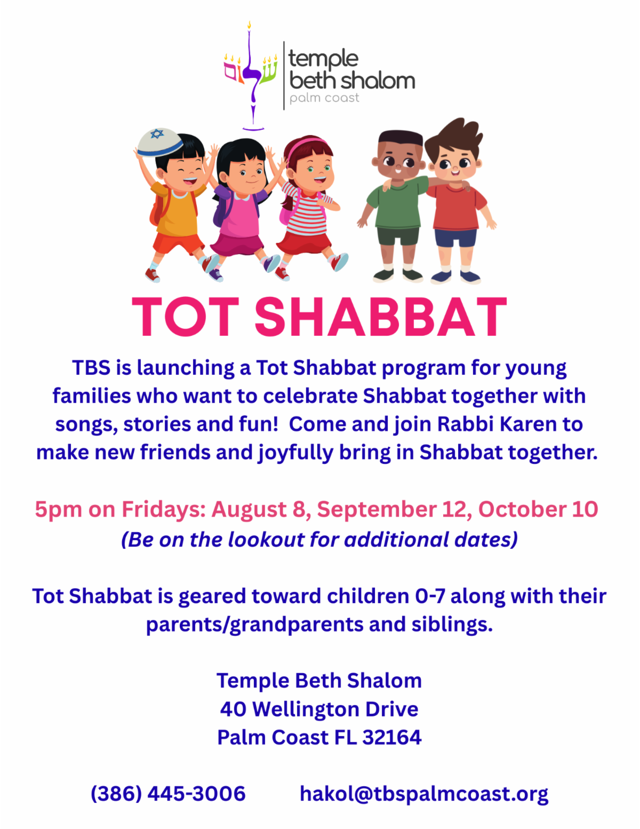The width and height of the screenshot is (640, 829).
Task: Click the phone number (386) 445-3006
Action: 168,794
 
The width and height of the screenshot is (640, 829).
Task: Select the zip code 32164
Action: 392,737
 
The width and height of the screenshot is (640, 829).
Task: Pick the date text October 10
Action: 538,509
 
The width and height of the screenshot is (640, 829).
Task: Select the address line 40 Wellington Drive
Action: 319,709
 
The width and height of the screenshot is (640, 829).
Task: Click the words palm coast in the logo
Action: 324,98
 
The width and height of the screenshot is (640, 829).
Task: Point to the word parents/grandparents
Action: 254,625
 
